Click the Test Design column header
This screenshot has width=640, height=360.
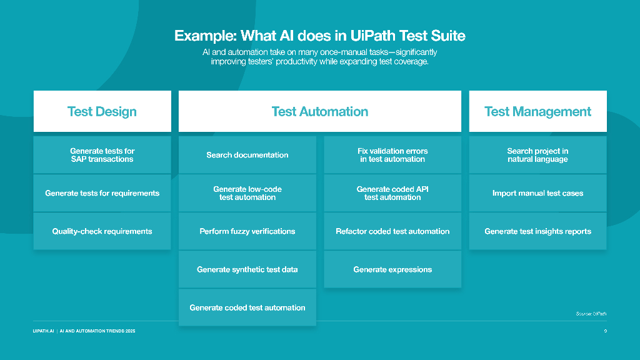102,111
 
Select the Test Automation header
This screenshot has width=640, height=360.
319,111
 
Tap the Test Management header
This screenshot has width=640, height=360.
537,111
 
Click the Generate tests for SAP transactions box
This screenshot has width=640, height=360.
102,155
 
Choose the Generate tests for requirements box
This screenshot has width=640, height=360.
102,193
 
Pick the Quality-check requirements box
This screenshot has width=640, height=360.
102,231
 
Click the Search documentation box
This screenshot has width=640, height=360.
247,155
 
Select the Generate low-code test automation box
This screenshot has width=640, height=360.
247,193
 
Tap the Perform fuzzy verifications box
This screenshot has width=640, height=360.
247,231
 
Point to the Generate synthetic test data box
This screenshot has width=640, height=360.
247,269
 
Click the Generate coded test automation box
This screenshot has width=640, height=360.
247,307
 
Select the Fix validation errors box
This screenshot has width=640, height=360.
392,155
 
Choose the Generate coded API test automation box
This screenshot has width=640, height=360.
392,193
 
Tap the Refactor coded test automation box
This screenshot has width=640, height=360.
392,231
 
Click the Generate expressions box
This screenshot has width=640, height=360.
392,269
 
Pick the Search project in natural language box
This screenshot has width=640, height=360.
537,155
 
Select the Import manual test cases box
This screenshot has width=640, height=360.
537,193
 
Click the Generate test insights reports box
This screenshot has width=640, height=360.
537,231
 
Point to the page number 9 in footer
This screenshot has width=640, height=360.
605,331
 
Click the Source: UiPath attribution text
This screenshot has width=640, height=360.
591,314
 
